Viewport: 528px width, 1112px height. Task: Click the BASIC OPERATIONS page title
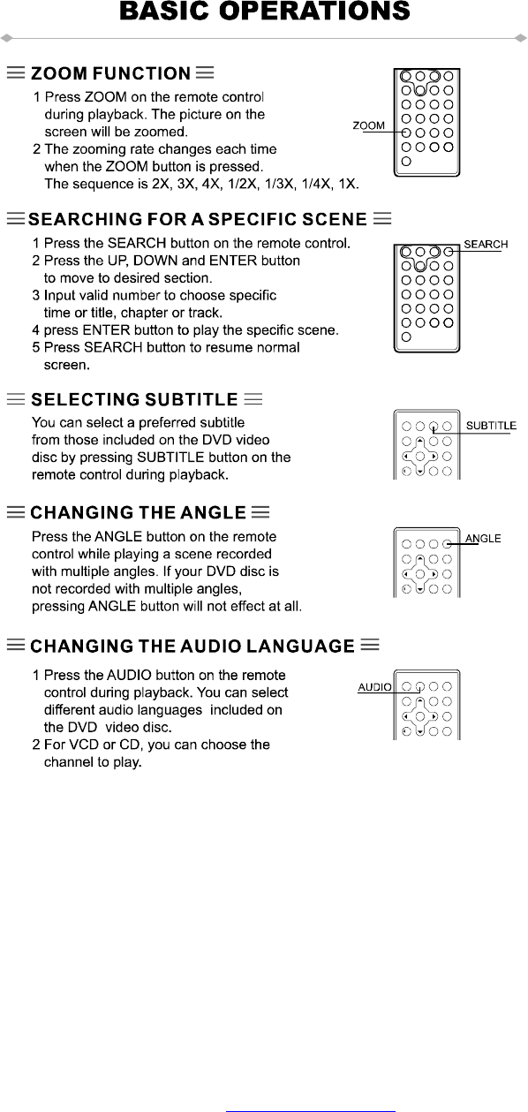[265, 11]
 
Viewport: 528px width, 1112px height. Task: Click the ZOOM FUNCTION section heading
[110, 73]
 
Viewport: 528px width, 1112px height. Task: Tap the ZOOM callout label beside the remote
[369, 125]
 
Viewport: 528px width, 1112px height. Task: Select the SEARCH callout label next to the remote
[486, 245]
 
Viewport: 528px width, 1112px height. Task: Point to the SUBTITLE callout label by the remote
[491, 426]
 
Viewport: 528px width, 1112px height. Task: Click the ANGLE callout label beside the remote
[483, 538]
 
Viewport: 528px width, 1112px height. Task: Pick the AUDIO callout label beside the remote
[374, 687]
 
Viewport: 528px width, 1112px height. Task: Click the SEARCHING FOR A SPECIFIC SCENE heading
[198, 219]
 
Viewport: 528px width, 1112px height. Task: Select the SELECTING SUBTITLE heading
[134, 399]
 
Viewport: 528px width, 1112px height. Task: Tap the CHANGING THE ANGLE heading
[138, 512]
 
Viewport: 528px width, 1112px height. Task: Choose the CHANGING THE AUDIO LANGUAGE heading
[192, 646]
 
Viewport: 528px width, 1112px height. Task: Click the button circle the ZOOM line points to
[406, 132]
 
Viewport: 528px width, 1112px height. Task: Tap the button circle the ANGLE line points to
[447, 544]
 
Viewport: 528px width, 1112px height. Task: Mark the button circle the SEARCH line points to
[449, 252]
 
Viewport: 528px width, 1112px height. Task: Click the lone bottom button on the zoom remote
[406, 162]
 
